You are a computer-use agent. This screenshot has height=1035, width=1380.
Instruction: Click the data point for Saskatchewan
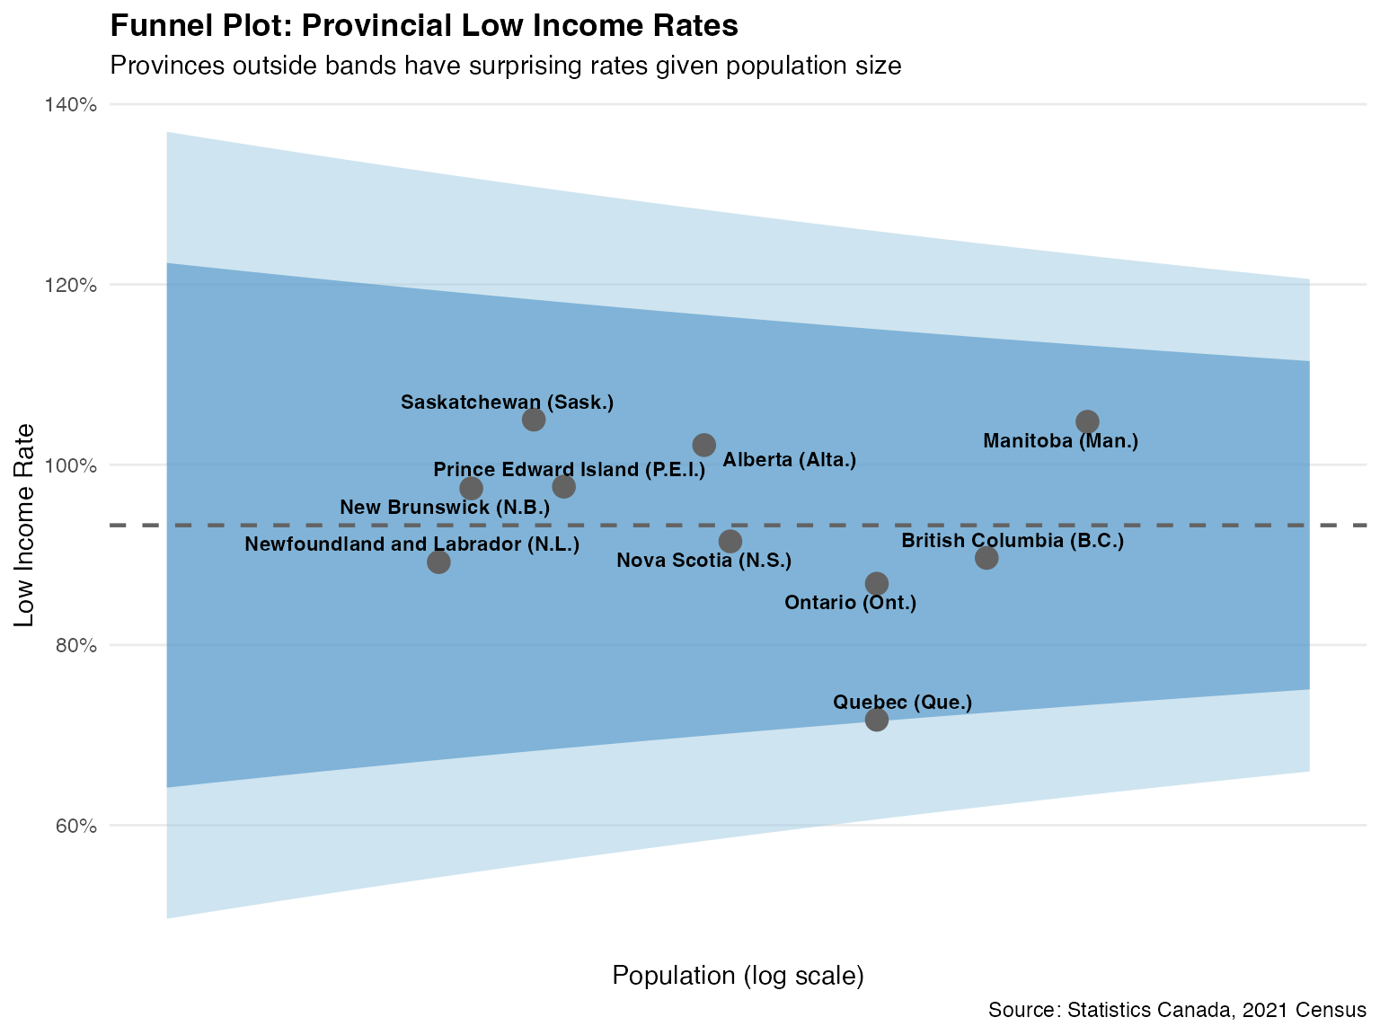point(534,420)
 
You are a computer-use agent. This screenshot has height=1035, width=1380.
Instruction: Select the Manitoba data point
point(1087,421)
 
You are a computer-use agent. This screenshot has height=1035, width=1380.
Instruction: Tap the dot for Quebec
point(877,720)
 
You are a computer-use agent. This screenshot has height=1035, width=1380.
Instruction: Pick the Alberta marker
point(704,445)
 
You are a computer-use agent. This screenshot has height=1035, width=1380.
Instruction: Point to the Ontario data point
point(877,584)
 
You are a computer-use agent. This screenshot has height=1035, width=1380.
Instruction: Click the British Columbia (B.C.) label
point(1013,541)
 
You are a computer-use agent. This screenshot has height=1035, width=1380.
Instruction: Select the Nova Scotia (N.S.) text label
point(703,562)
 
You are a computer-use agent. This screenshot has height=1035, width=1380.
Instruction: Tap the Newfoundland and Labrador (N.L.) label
point(412,544)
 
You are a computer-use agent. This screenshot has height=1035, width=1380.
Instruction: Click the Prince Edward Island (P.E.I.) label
point(570,470)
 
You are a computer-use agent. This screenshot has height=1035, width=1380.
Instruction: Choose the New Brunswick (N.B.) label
point(445,508)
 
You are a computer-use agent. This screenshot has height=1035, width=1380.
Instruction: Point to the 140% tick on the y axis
point(70,105)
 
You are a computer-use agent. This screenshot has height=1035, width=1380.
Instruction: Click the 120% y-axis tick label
point(70,286)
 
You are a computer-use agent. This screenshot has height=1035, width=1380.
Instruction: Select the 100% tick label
point(70,465)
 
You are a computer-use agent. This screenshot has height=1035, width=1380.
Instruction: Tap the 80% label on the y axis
point(74,646)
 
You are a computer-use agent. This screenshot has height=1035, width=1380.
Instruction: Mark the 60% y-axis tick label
point(74,826)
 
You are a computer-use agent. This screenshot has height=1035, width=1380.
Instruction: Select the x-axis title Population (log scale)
point(738,976)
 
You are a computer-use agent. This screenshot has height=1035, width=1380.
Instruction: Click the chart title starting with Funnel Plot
point(423,27)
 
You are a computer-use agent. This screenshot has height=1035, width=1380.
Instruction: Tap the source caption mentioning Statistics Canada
point(1177,1010)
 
